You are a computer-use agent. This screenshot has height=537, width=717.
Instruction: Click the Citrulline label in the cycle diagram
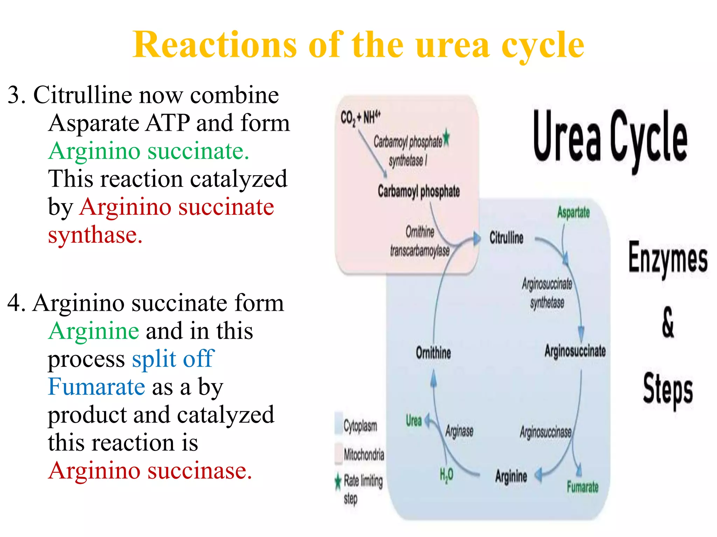coord(506,238)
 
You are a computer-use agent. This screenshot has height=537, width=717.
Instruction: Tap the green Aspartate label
coord(573,213)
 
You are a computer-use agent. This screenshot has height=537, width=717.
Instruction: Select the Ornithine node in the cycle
coord(433,352)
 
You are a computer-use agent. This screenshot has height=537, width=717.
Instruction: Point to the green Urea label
coord(413,421)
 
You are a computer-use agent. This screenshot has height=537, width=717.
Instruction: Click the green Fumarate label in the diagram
coord(583,487)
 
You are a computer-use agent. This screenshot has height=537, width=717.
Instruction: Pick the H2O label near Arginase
coord(446,475)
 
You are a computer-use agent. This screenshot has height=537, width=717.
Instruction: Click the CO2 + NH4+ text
coord(360,117)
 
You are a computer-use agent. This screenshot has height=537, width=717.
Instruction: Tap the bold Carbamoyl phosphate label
coord(419,192)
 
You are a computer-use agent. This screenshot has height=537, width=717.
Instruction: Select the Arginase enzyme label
coord(459,431)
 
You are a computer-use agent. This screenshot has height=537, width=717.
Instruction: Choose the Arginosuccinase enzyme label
coord(545,432)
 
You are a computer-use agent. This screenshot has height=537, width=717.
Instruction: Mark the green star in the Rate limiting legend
coord(338,482)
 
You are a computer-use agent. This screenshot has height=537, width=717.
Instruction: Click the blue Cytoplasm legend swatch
coord(339,423)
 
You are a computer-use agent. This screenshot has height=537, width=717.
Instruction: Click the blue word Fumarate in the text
coord(96,387)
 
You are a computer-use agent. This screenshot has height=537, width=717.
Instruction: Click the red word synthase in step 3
coord(95,235)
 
